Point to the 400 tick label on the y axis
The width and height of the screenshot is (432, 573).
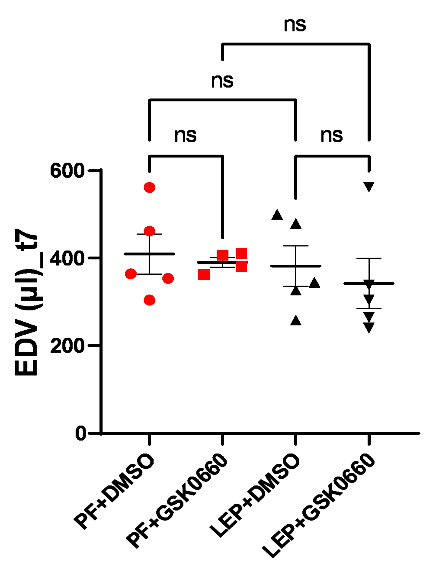click(x=67, y=258)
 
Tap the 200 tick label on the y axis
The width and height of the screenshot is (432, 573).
click(x=67, y=346)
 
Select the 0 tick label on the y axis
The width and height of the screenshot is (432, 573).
click(x=81, y=433)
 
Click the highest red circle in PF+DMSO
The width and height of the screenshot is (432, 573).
click(x=150, y=187)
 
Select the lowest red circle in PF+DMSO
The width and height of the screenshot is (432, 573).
click(x=150, y=300)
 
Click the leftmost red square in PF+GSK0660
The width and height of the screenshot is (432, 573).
click(x=204, y=275)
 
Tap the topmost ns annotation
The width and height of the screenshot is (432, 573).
click(x=295, y=25)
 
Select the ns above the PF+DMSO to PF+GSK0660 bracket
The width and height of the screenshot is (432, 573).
click(x=185, y=136)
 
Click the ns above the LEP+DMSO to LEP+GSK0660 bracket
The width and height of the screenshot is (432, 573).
click(x=332, y=136)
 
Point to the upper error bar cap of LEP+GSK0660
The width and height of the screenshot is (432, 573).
click(x=369, y=258)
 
